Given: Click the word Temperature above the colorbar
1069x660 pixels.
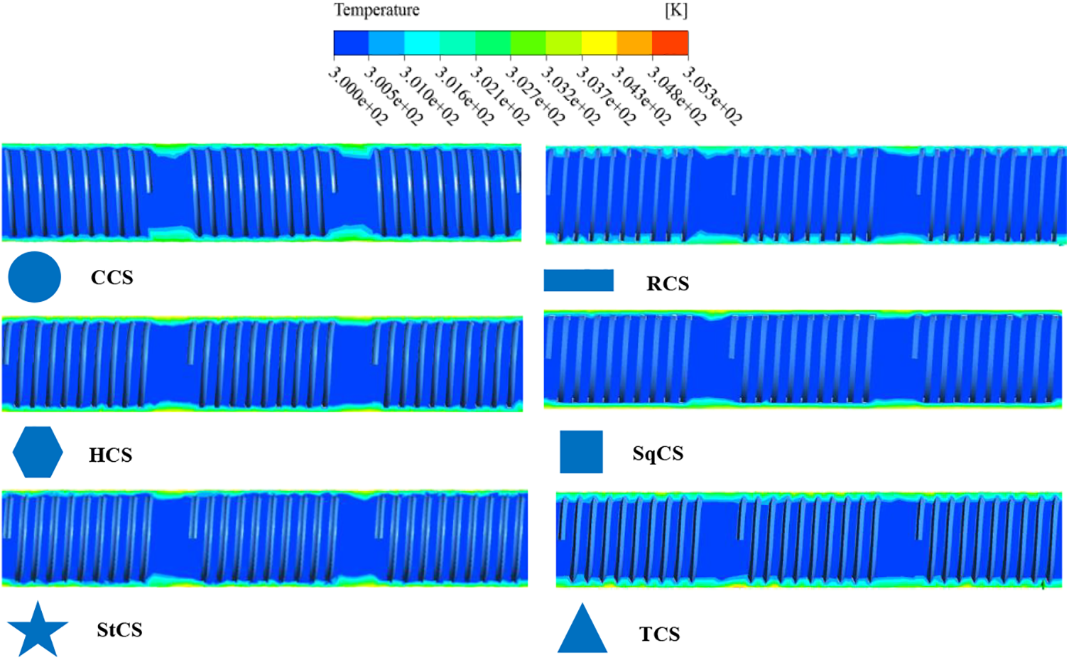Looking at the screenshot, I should (x=376, y=11).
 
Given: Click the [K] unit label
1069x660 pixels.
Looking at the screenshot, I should (x=675, y=11).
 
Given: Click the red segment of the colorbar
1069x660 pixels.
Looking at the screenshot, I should (x=670, y=43).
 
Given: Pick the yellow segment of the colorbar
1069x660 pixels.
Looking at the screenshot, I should (x=599, y=43).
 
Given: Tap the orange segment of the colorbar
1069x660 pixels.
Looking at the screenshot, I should (x=634, y=43).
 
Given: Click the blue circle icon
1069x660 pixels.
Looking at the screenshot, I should (x=34, y=277).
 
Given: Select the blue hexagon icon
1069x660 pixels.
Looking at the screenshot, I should (x=38, y=453).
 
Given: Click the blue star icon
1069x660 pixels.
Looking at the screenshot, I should (x=38, y=629).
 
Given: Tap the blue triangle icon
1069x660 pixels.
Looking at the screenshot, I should (x=582, y=630).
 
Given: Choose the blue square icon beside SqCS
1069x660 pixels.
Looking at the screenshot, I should (x=581, y=452).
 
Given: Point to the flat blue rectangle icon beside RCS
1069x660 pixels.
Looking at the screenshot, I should (x=578, y=281).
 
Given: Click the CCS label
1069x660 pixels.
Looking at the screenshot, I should (x=112, y=278).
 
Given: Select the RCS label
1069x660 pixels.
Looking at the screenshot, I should (x=668, y=284).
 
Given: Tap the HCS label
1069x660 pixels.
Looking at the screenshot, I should (x=110, y=455).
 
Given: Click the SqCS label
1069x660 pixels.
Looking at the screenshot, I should (x=658, y=454).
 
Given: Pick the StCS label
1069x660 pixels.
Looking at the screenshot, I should (x=119, y=630).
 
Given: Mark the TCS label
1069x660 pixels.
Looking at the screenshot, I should (x=659, y=634).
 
